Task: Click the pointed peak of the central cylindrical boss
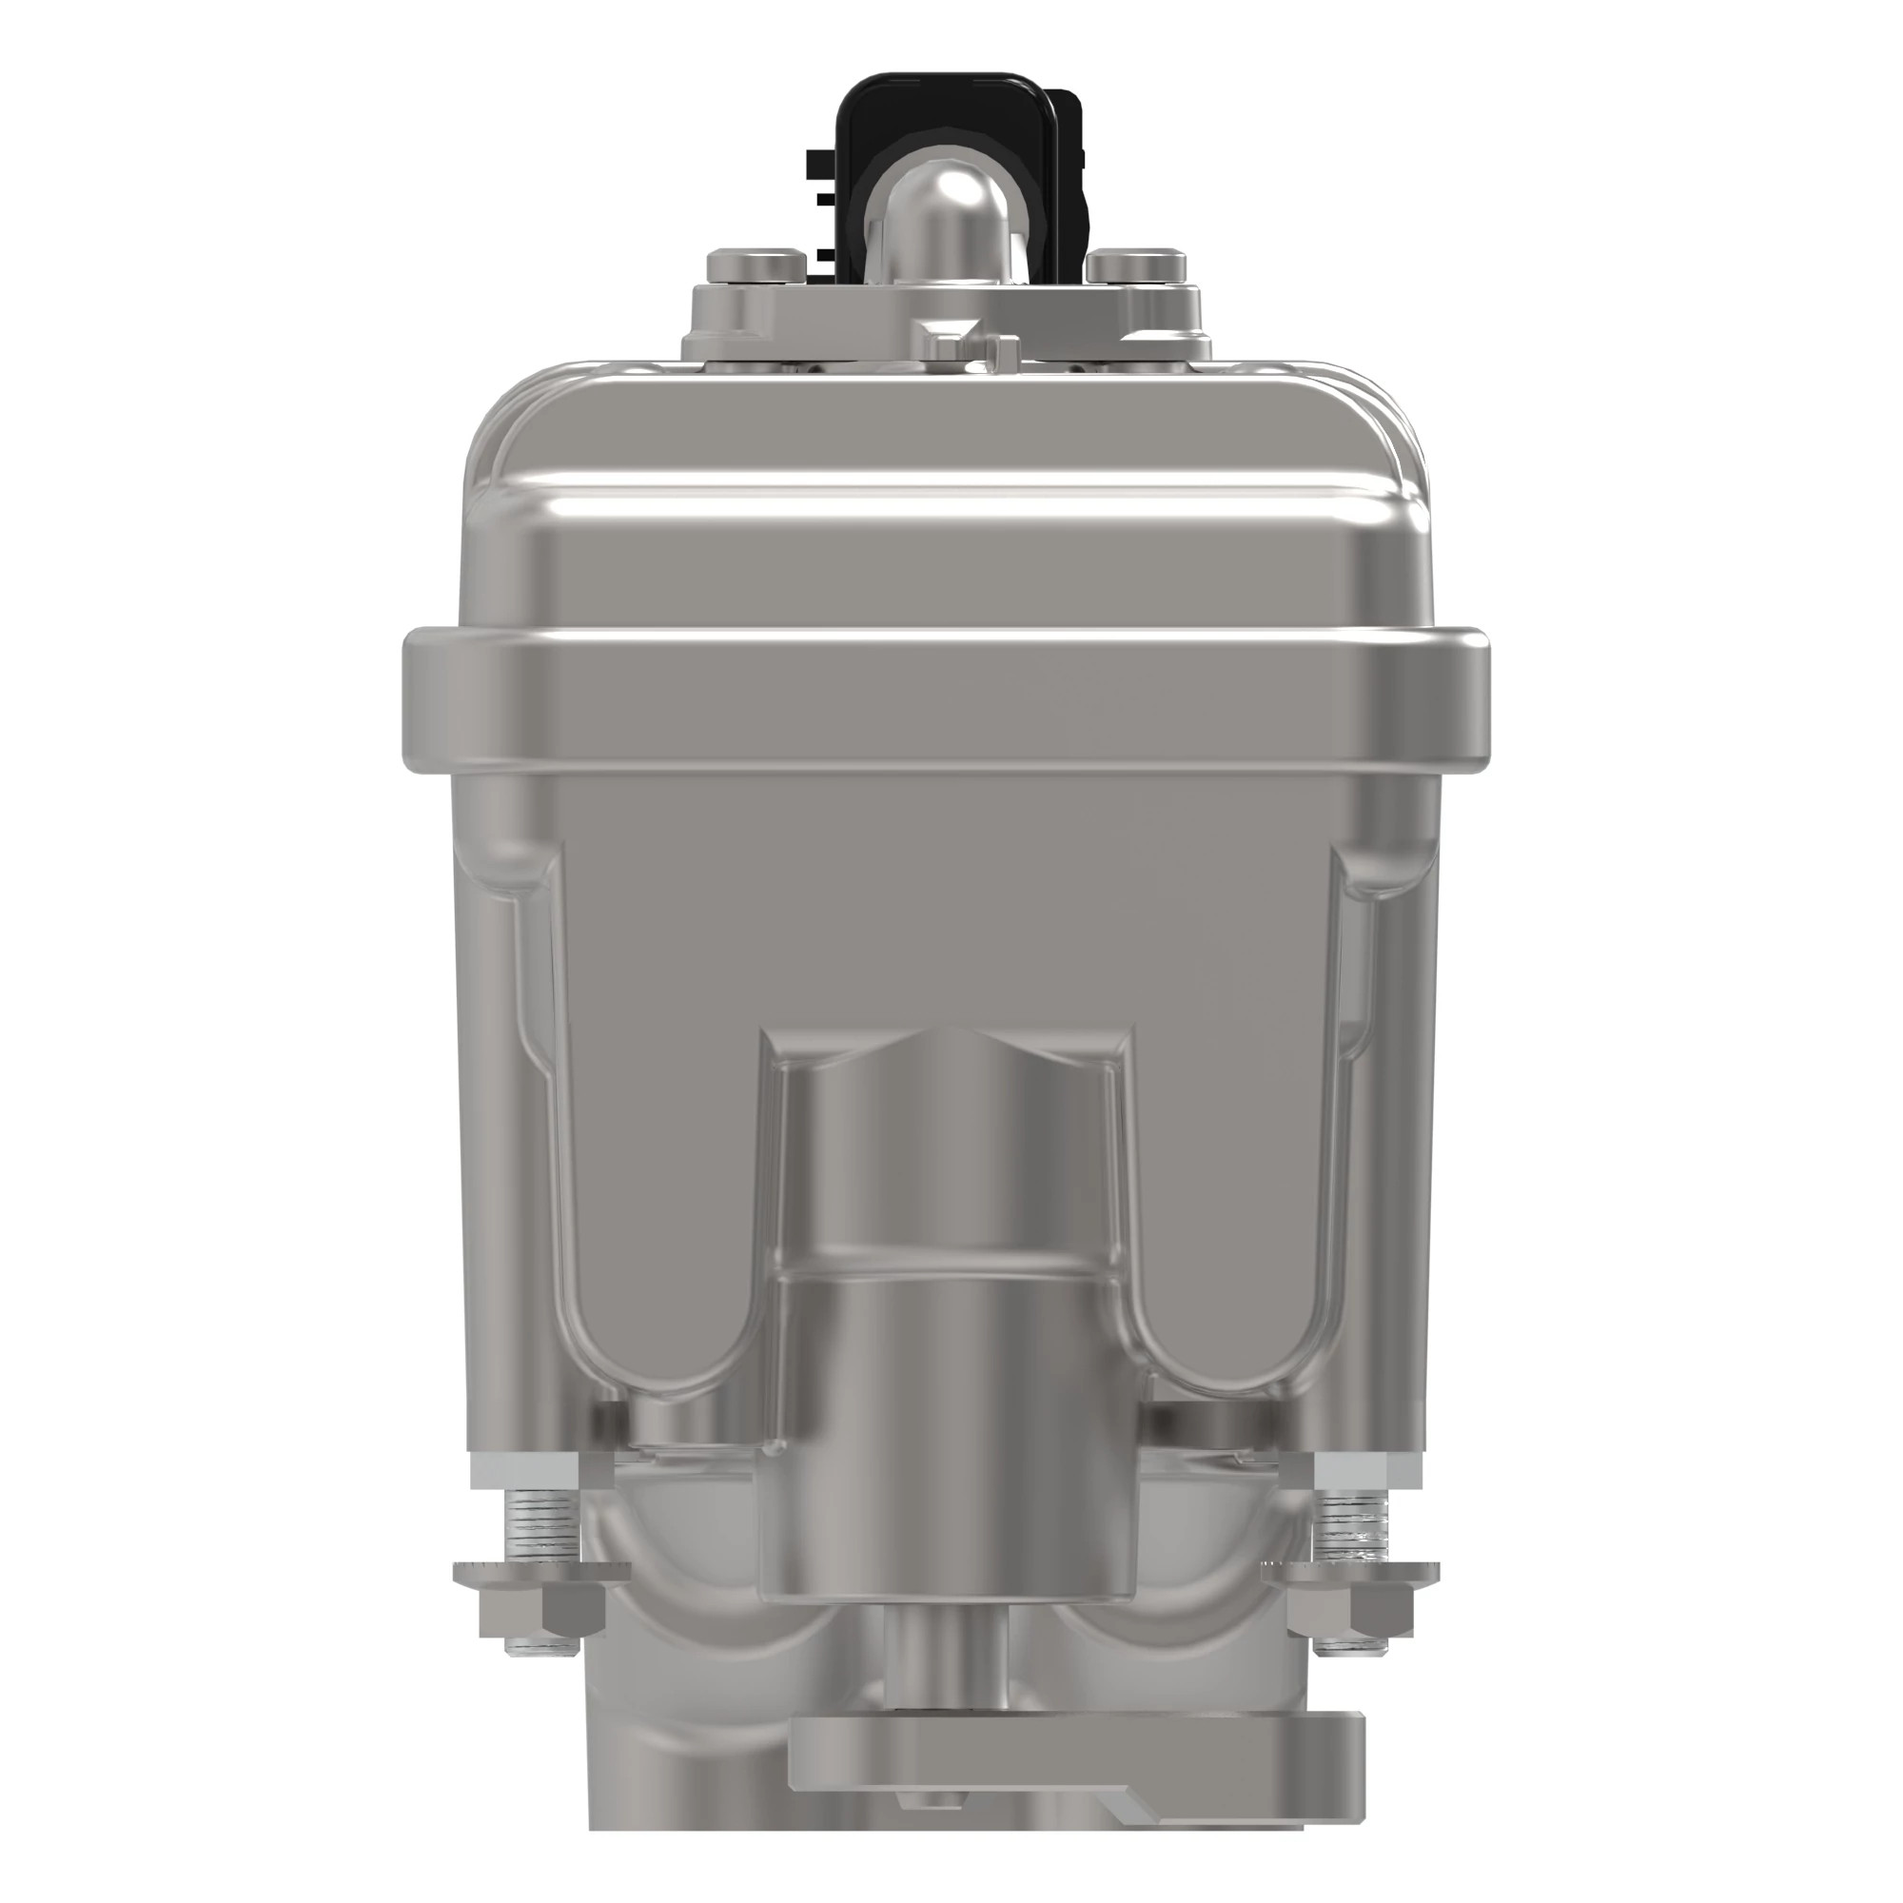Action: pyautogui.click(x=950, y=1030)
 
